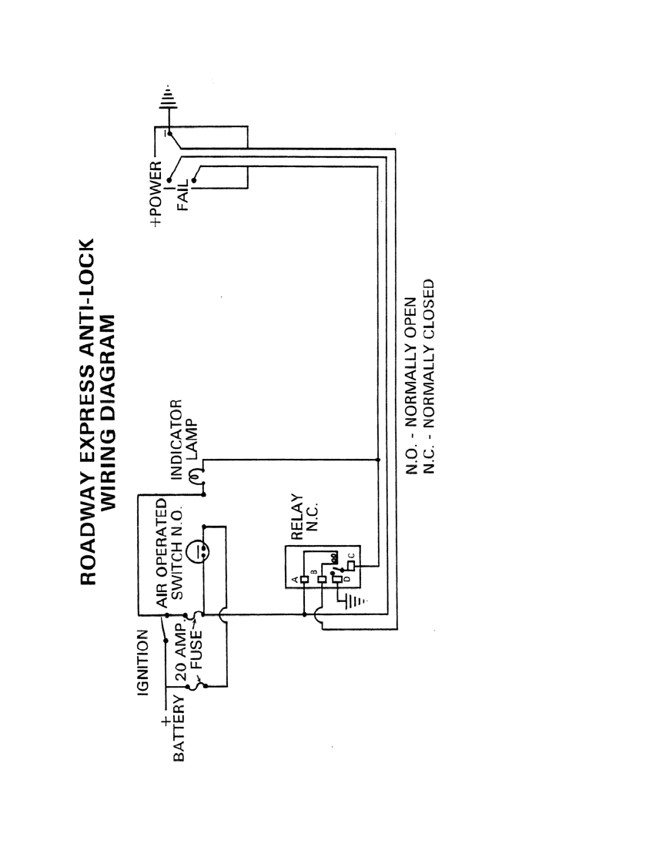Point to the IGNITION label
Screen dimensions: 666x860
(x=143, y=662)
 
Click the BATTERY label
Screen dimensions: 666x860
(x=179, y=728)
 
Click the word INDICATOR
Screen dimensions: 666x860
(x=176, y=440)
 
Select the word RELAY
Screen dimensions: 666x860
(x=296, y=517)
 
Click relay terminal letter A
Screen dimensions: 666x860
(x=296, y=579)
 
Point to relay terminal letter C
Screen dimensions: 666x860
(x=352, y=556)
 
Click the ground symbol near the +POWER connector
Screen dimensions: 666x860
(x=169, y=99)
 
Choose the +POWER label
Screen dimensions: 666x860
(x=156, y=193)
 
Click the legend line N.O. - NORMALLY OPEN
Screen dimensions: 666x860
(x=411, y=386)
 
